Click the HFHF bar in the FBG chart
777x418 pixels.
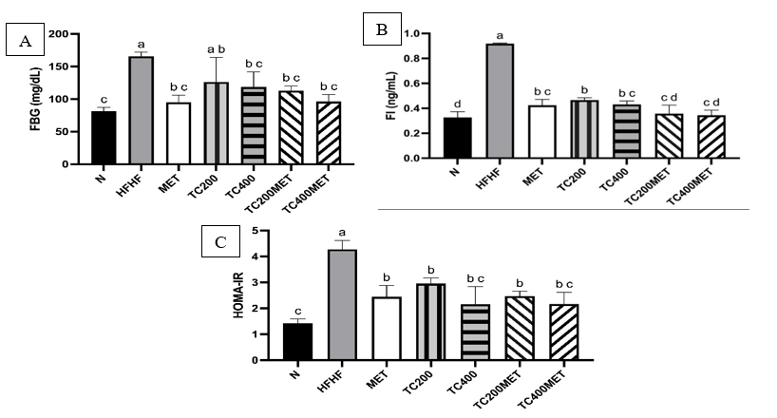coord(142,110)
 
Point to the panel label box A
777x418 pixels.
coord(26,41)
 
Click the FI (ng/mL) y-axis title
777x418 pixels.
coord(381,97)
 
